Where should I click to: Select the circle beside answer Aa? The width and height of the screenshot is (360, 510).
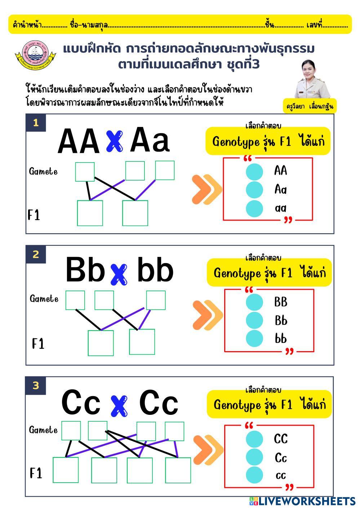click(254, 190)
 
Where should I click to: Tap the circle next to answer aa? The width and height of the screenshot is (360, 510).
click(254, 208)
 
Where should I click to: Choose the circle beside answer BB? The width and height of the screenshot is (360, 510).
click(254, 302)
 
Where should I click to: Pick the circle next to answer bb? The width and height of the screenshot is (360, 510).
click(254, 339)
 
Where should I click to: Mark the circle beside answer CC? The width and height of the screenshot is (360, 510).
click(254, 439)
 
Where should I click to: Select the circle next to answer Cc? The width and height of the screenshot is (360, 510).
click(254, 457)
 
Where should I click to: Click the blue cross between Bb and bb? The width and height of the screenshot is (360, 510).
click(119, 274)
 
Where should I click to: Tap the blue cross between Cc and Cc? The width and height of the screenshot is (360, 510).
click(119, 405)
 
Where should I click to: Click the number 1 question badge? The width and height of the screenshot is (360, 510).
click(36, 123)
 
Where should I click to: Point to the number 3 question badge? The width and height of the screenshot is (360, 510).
click(36, 386)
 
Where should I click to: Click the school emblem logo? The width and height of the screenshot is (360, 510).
click(35, 55)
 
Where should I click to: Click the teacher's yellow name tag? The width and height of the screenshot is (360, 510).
click(310, 106)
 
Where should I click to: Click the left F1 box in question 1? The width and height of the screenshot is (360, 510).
click(90, 213)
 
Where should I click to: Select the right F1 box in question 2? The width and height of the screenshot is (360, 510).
click(142, 342)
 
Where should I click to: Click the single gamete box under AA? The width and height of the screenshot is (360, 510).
click(85, 172)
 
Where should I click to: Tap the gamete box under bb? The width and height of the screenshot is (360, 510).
click(156, 300)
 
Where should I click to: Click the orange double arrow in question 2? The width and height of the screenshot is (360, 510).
click(208, 315)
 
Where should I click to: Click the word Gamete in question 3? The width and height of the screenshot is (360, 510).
click(43, 430)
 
